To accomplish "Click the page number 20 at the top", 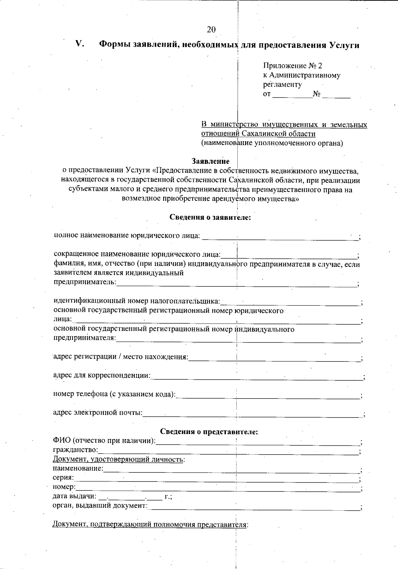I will tap(211, 30).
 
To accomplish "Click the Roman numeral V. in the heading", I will tap(80, 44).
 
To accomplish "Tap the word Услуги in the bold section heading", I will tap(345, 45).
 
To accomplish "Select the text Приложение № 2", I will tap(293, 66).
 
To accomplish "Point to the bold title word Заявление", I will tap(210, 161).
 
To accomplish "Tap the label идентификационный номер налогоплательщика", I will tap(137, 301).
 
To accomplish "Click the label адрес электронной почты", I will tap(98, 413).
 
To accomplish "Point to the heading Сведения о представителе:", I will tap(209, 432).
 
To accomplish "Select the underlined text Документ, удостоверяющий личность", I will tap(118, 460).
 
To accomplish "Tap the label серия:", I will tap(63, 478).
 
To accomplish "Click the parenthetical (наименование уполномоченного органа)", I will tap(272, 143).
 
